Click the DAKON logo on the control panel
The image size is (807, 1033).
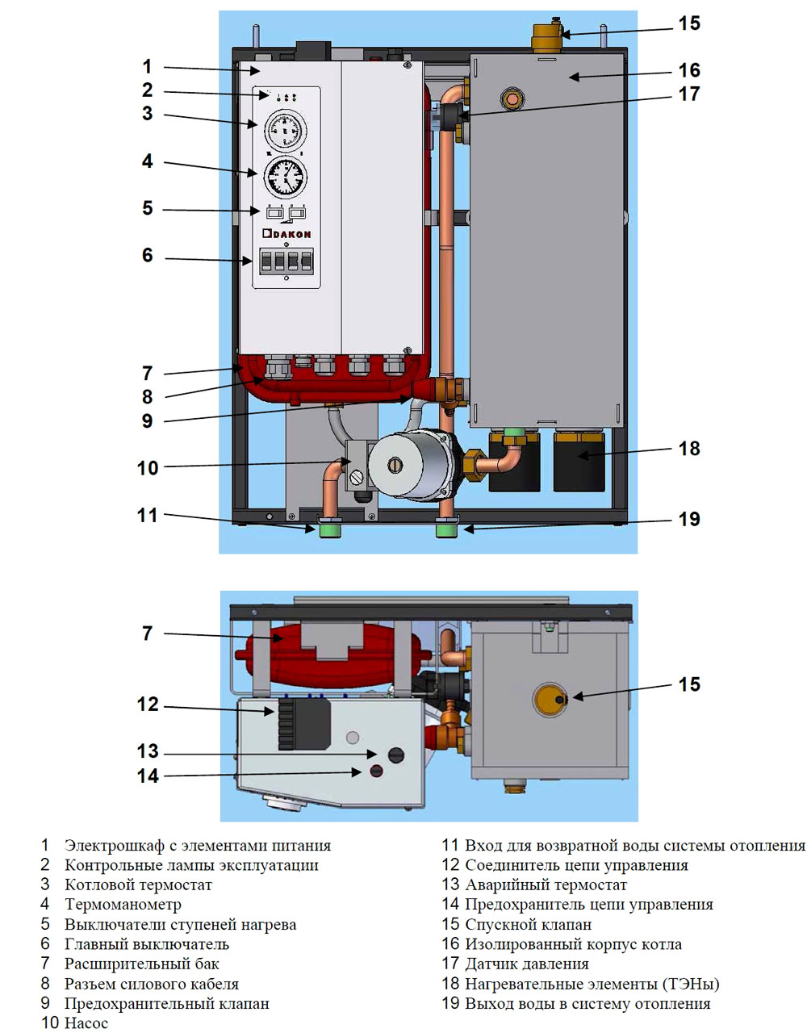tap(286, 234)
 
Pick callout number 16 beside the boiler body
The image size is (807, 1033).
tap(689, 70)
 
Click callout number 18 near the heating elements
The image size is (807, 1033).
tap(689, 449)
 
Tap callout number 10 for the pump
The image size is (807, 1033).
tap(148, 468)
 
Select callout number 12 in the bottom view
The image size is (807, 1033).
tap(148, 705)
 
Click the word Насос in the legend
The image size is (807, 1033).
tap(86, 1023)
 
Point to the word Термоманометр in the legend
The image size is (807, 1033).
tap(123, 905)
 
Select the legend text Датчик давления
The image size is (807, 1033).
tap(526, 964)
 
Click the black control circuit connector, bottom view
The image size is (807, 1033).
tap(304, 724)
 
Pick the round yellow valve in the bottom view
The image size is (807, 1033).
tap(550, 699)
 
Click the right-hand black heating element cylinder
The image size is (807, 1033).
tap(579, 462)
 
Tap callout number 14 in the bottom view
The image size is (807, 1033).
tap(148, 776)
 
